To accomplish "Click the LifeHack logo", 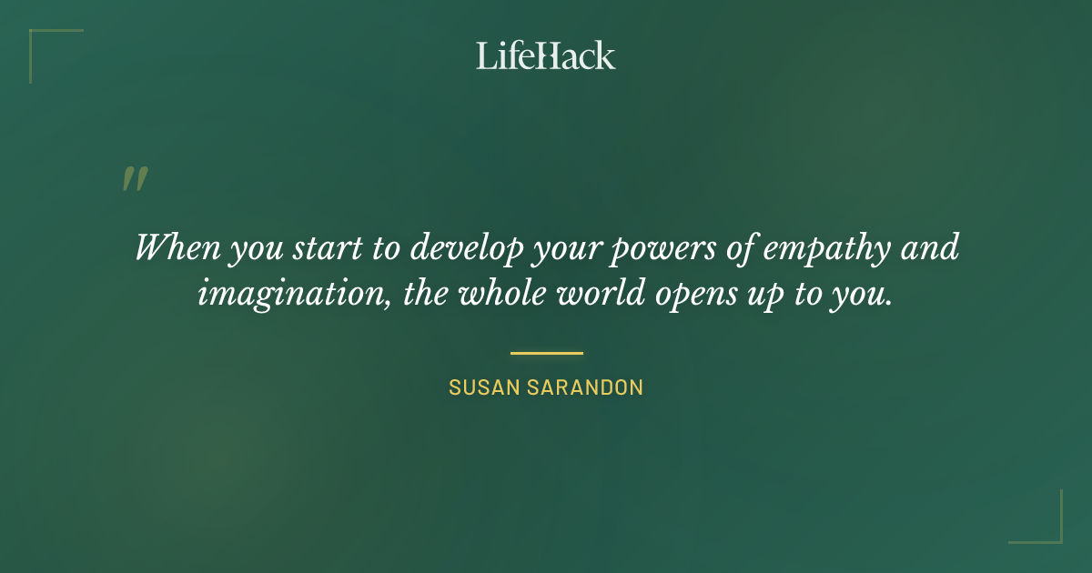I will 546,55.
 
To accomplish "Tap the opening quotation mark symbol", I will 134,179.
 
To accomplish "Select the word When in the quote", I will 173,247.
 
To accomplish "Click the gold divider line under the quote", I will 546,353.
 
